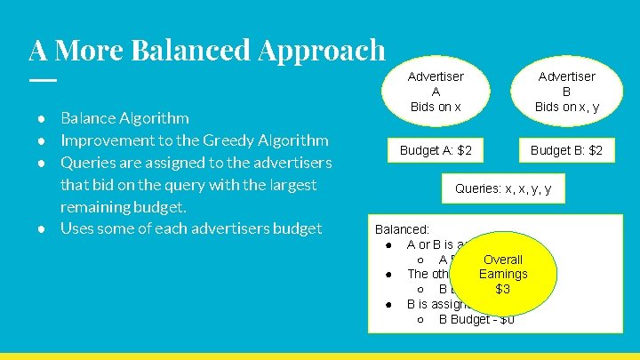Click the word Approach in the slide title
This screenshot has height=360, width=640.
click(x=322, y=50)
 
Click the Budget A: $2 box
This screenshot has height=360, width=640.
click(x=436, y=150)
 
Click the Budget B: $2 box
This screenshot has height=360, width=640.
click(x=566, y=150)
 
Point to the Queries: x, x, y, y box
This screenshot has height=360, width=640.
click(x=502, y=188)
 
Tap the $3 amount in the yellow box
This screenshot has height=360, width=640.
click(x=503, y=289)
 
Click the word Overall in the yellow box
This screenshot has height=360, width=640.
click(x=503, y=260)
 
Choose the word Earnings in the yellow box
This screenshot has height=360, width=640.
click(x=503, y=274)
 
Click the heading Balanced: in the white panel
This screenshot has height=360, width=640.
click(x=403, y=228)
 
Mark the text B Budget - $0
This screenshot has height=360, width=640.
click(x=476, y=319)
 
